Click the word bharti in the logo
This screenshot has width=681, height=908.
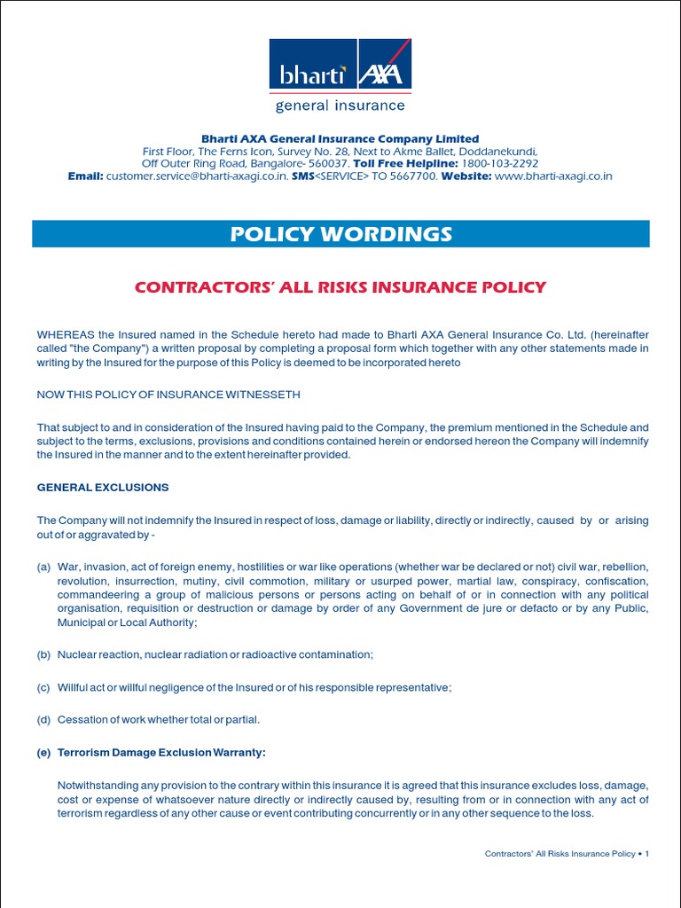(311, 74)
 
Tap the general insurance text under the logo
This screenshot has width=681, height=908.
(340, 106)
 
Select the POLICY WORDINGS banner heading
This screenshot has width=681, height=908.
(340, 234)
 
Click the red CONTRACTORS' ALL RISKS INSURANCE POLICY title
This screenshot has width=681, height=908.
(340, 287)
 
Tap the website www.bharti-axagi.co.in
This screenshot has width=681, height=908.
(553, 176)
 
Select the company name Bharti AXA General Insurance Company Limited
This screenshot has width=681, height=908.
(340, 139)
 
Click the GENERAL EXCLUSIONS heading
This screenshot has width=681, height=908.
(103, 488)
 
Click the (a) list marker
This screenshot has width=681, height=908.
(43, 567)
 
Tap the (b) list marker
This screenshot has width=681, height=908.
(43, 654)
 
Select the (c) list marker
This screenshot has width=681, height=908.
(43, 687)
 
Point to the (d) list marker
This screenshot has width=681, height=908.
(43, 719)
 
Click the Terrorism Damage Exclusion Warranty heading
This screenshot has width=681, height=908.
(161, 752)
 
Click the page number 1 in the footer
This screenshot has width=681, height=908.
(647, 854)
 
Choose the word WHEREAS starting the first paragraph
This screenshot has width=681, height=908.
(66, 334)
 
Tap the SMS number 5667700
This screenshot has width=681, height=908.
(414, 176)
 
